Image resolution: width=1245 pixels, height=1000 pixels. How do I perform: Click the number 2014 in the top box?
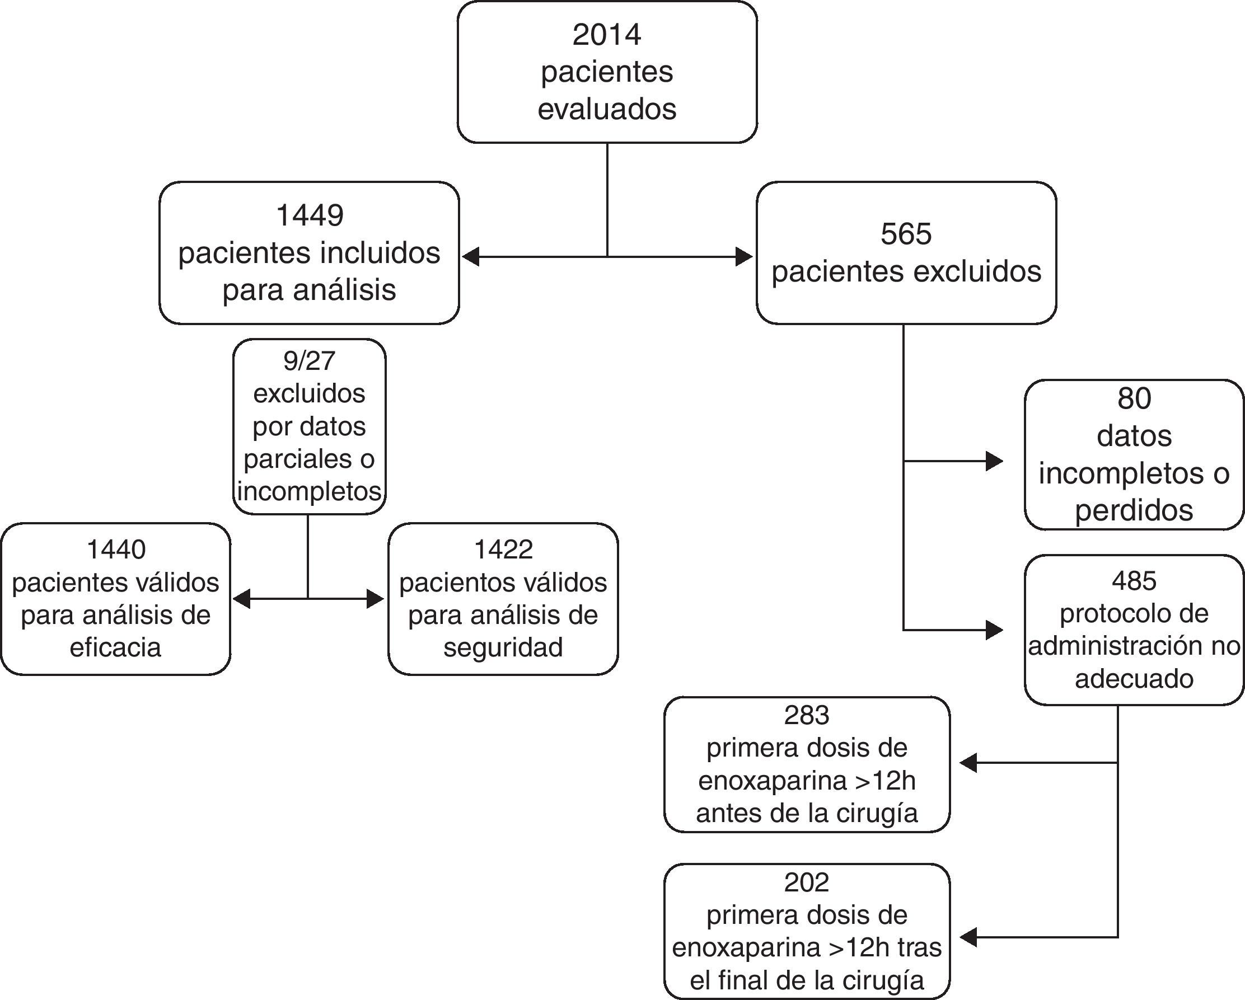tap(606, 35)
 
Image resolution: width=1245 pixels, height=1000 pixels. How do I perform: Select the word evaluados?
tap(607, 109)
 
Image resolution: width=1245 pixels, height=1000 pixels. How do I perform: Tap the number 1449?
tap(310, 215)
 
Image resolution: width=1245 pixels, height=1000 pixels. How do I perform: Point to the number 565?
tap(906, 234)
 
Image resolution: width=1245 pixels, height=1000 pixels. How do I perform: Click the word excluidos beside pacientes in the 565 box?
tap(978, 271)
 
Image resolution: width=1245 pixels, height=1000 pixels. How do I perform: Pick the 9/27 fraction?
tap(309, 361)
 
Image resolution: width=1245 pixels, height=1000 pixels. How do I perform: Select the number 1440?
tap(115, 549)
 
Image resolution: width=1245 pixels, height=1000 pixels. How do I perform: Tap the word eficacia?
tap(115, 647)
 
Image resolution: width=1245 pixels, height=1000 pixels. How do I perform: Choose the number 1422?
tap(503, 549)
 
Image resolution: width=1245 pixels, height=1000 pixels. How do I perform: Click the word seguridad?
tap(503, 647)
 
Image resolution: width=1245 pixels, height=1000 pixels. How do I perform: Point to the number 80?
tap(1134, 398)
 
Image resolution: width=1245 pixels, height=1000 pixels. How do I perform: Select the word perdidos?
tap(1134, 510)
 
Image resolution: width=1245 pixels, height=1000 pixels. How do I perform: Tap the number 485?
tap(1134, 581)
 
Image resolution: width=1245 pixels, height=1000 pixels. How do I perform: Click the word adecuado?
tap(1134, 679)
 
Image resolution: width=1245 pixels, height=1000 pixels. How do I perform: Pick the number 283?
tap(807, 715)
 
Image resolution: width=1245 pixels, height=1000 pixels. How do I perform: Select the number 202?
tap(807, 882)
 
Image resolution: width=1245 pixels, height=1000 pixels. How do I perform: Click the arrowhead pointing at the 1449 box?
tap(471, 256)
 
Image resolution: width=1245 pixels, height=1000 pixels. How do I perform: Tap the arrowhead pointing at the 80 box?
tap(994, 461)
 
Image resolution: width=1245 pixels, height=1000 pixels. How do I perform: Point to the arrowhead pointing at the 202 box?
tap(968, 937)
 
